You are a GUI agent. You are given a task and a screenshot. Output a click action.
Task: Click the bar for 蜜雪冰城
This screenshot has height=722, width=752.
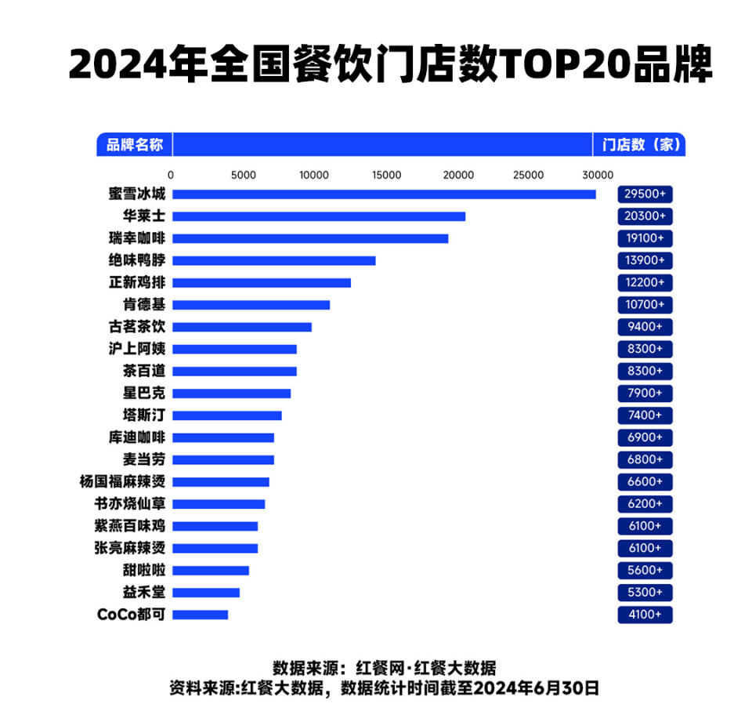pos(384,194)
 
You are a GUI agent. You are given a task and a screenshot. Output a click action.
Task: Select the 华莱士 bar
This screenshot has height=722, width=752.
pos(319,216)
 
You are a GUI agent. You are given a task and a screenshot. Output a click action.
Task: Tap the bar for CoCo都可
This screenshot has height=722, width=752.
pos(200,615)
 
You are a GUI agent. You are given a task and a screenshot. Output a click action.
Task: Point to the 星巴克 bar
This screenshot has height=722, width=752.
pos(231,394)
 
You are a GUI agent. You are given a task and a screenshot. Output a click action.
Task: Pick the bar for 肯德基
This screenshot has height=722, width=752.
pos(251,305)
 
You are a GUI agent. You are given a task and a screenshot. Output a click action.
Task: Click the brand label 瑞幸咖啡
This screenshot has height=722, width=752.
pos(137,238)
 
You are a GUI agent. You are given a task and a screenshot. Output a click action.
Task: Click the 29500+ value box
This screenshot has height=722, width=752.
pos(645,194)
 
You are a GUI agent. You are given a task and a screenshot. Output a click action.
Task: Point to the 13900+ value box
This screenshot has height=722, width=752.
pos(645,260)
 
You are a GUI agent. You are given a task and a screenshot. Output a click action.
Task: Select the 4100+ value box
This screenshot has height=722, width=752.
pos(645,615)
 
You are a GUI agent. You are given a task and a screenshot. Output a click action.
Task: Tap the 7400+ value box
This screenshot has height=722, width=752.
pos(645,415)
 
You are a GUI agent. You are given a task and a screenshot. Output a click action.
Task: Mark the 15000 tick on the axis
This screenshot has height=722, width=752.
pos(386,175)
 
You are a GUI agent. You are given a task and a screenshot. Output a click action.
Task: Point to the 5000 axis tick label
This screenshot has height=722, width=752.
pos(244,175)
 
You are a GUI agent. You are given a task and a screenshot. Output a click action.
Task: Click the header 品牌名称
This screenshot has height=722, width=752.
pos(135,144)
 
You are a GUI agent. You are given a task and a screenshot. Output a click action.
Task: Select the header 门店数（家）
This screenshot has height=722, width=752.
pos(639,144)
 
